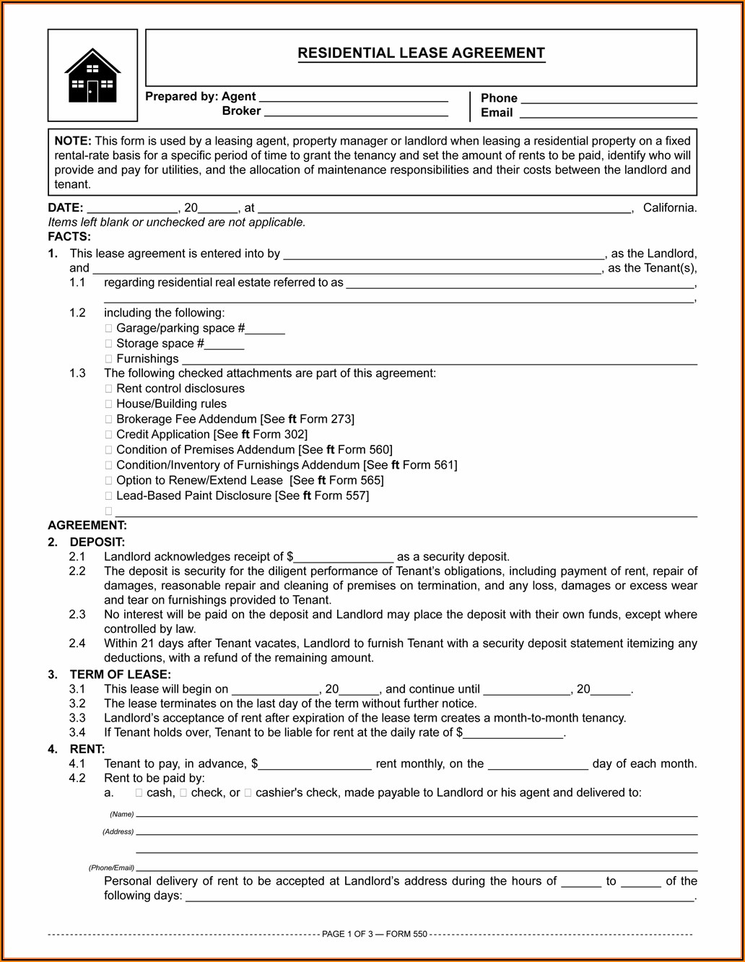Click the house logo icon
(x=92, y=75)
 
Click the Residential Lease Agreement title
(x=421, y=53)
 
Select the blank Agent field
(x=353, y=97)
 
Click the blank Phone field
(x=609, y=99)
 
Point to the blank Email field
(x=608, y=113)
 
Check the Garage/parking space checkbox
(x=109, y=329)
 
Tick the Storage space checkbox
(x=109, y=344)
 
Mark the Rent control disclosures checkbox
(x=109, y=389)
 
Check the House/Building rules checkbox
(x=109, y=404)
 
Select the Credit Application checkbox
(x=109, y=435)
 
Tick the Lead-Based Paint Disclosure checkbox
(x=109, y=496)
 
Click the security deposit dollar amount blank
(x=344, y=558)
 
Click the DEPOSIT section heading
(x=97, y=542)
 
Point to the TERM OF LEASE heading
(x=120, y=675)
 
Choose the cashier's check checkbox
(x=248, y=793)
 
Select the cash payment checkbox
(x=139, y=793)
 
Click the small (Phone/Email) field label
(x=111, y=867)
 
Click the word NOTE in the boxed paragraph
(x=73, y=141)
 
